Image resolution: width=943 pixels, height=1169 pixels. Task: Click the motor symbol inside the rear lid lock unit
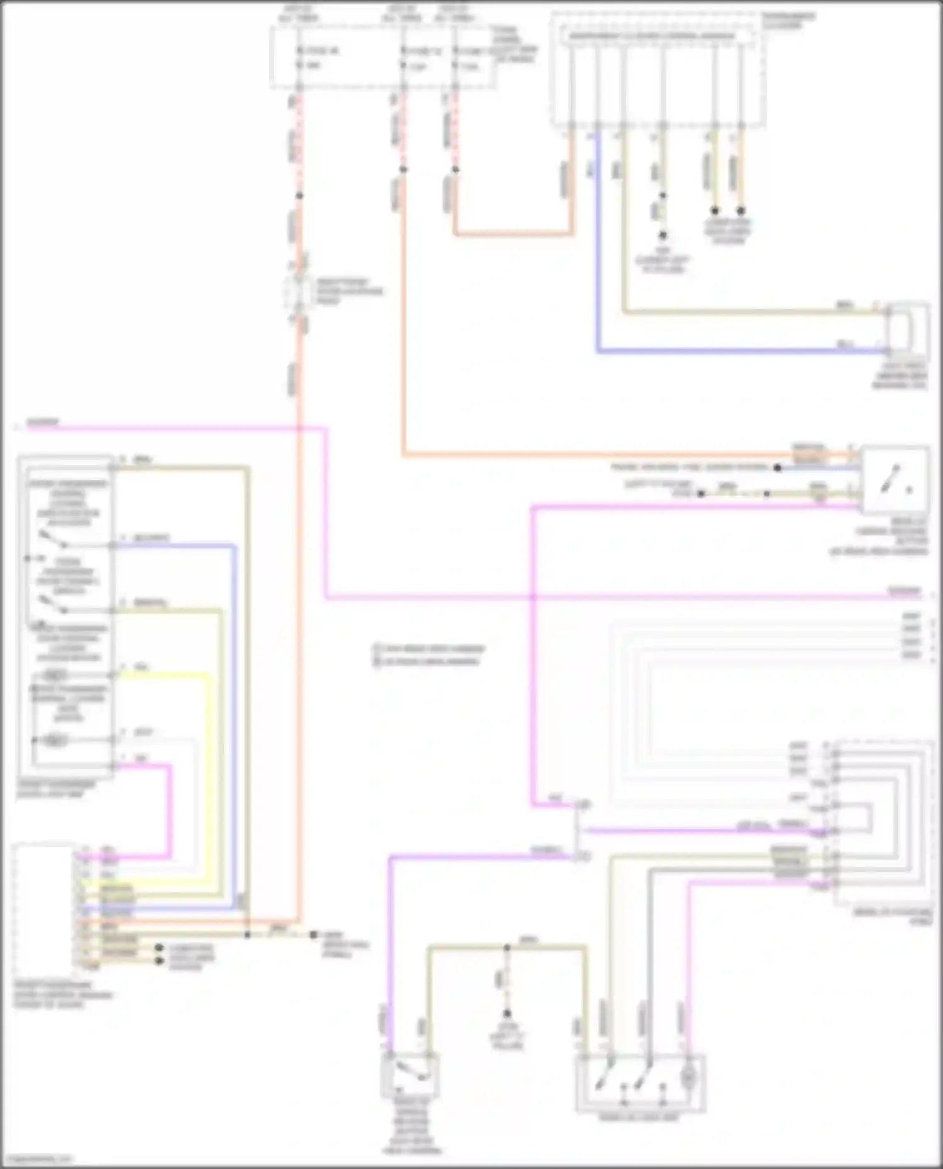[x=688, y=1078]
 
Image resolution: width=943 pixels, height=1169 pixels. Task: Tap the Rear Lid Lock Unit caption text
[x=638, y=1119]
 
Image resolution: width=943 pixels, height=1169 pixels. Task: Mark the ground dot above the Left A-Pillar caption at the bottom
[x=506, y=1013]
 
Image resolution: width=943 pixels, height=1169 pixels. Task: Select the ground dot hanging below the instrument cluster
[x=662, y=236]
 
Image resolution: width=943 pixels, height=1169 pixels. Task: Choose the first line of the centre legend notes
[x=429, y=648]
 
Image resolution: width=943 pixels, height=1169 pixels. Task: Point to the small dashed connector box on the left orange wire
[x=299, y=292]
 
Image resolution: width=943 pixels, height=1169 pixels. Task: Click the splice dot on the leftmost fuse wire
[x=299, y=196]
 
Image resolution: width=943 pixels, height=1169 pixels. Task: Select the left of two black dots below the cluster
[x=715, y=211]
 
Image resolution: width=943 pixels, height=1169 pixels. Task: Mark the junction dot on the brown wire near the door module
[x=247, y=935]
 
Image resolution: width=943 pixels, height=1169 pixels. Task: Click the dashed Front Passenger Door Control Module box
[x=43, y=908]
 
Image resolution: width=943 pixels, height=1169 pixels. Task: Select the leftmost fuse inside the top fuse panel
[x=301, y=57]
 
